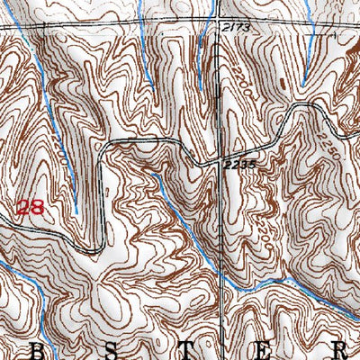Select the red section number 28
[30, 208]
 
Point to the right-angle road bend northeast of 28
[105, 144]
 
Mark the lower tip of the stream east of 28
[76, 212]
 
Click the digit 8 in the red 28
[37, 208]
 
